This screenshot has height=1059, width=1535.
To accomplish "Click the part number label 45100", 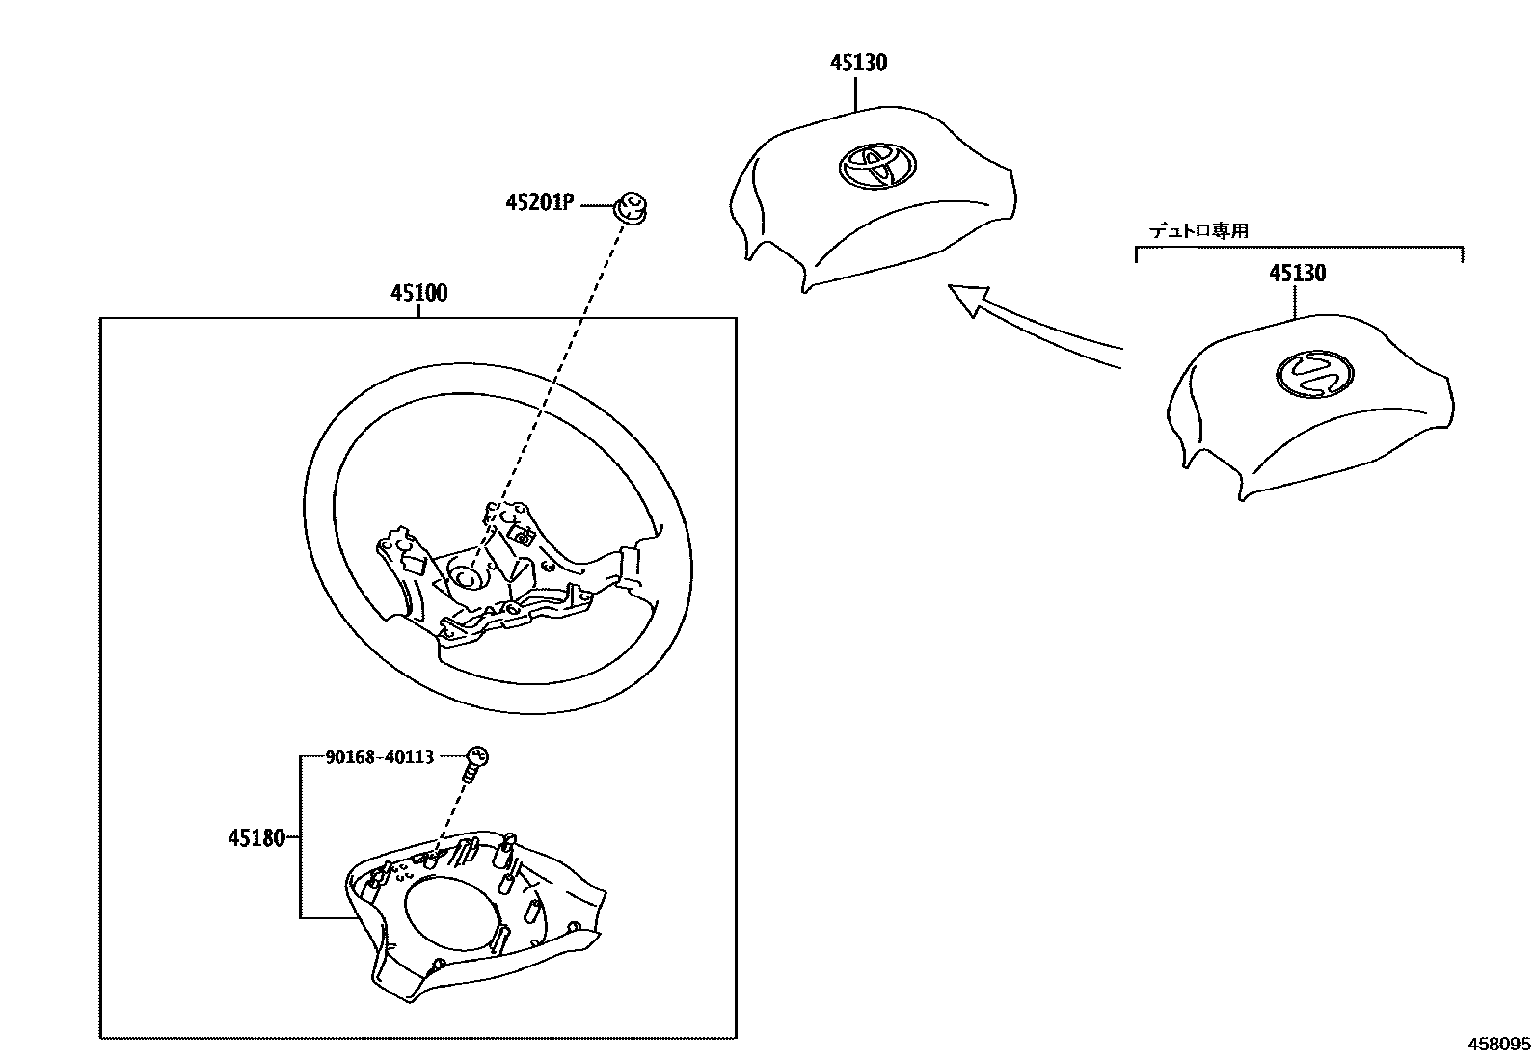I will coord(418,293).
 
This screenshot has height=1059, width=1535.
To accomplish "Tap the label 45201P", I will coord(540,202).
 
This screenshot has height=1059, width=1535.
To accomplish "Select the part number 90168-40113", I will coord(380,757).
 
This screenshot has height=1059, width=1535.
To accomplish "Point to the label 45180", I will coord(256,838).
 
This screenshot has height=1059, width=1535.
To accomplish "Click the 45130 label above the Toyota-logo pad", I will coord(858,64).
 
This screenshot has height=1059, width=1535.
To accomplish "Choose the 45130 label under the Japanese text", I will coord(1297,274).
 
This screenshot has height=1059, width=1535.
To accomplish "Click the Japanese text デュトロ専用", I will coord(1198,231).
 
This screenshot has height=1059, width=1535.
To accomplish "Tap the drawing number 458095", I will coord(1498,1044).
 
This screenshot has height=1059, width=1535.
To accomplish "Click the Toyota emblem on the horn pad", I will coord(874,167).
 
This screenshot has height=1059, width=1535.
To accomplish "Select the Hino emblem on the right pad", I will coord(1315,372).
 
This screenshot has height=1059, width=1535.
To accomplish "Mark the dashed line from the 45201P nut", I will coord(559,385).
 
